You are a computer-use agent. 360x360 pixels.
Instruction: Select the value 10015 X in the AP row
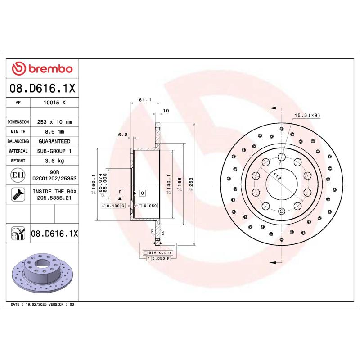click(54, 103)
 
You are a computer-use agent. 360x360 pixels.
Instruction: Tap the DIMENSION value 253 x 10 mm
click(54, 122)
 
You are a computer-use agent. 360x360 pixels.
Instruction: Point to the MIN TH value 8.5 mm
click(54, 132)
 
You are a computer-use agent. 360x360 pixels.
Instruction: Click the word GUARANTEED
click(54, 141)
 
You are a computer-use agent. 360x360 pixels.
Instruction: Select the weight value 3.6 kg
click(54, 161)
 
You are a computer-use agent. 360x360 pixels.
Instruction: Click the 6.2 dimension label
click(123, 135)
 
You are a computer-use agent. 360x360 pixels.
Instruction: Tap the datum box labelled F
click(120, 192)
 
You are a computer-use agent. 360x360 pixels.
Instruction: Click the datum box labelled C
click(142, 193)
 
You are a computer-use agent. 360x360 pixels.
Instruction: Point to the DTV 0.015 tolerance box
click(160, 253)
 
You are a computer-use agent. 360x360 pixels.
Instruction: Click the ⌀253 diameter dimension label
click(192, 185)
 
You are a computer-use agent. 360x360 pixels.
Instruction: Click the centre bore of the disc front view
click(281, 184)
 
